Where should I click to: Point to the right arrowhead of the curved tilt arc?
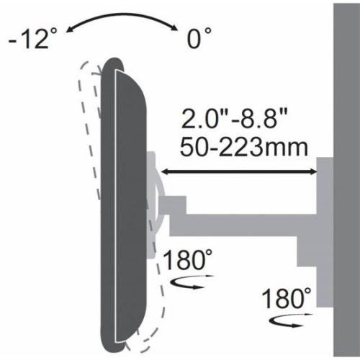coord(173,28)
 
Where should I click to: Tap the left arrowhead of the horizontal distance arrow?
coord(164,172)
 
